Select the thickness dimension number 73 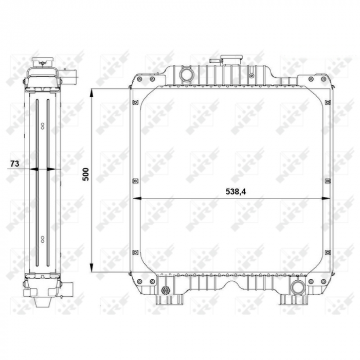click(x=15, y=164)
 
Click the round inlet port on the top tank click(x=186, y=75)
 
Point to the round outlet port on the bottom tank click(x=297, y=287)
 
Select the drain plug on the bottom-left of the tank click(x=166, y=291)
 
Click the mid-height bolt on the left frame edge click(x=135, y=181)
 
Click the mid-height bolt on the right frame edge click(x=328, y=181)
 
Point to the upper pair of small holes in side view click(x=42, y=125)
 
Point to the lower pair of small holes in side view click(x=42, y=238)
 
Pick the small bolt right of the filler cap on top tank click(x=251, y=76)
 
